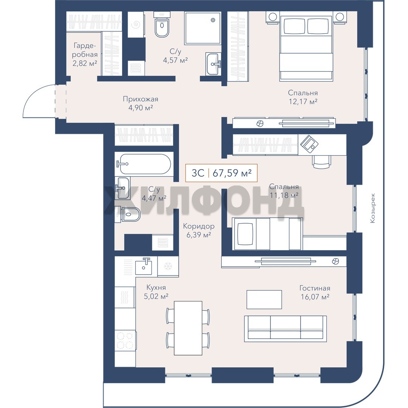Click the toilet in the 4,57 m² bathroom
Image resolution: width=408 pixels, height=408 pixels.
[x=162, y=25]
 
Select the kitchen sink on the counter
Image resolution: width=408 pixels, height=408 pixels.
[x=144, y=266]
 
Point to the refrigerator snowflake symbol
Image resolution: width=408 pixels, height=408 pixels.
[x=168, y=266]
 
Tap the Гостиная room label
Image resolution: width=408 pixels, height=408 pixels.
[x=315, y=288]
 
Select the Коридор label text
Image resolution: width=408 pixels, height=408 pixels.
[x=199, y=226]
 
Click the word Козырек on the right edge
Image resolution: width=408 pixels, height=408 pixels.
[x=373, y=208]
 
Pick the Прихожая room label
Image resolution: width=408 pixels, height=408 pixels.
[x=141, y=99]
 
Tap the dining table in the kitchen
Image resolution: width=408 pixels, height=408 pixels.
[x=188, y=328]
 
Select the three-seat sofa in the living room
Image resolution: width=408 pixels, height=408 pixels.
[x=286, y=329]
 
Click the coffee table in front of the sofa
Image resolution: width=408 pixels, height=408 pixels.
[x=264, y=300]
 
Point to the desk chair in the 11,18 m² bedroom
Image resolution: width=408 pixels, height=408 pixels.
[x=321, y=162]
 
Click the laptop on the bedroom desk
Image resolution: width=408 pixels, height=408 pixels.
[x=309, y=143]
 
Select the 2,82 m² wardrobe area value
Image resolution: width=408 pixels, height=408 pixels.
[x=85, y=63]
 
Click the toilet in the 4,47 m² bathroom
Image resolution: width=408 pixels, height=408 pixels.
[x=128, y=215]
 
